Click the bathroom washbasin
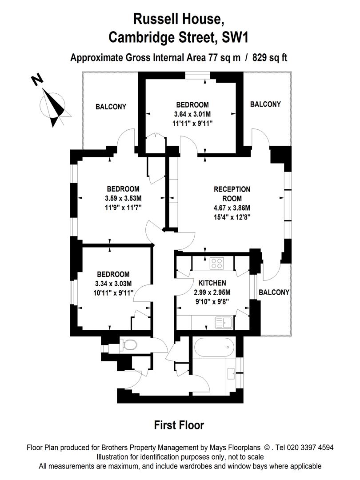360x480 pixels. [232, 373]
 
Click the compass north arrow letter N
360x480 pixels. [37, 80]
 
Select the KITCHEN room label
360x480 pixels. [212, 283]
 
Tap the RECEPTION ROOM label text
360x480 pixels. [232, 194]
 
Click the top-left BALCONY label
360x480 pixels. [111, 107]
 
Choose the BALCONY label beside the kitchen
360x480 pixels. [274, 292]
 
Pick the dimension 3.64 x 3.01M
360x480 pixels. [192, 114]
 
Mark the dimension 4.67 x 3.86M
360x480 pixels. [232, 208]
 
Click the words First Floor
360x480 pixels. [179, 425]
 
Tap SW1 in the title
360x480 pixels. [234, 38]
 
